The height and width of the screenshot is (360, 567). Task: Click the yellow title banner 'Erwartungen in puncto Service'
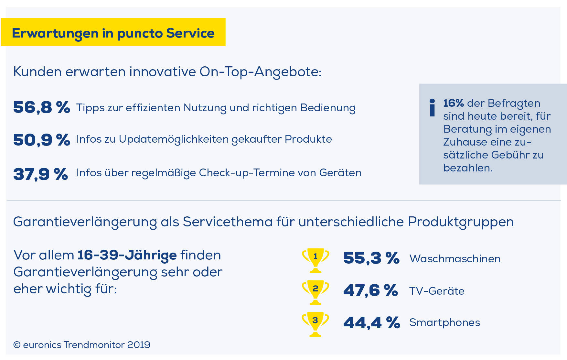(x=113, y=33)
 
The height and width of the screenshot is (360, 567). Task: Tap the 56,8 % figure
(x=41, y=107)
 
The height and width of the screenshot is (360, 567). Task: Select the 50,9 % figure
(x=41, y=140)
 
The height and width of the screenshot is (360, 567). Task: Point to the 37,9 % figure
(x=40, y=174)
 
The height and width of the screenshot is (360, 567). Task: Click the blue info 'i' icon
(x=432, y=108)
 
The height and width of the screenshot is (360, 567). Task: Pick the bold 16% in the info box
(x=453, y=103)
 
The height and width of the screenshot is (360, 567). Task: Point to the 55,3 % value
(x=371, y=258)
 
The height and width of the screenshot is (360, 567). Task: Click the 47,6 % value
(x=370, y=290)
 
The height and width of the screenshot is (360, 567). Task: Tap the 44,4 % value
(x=371, y=322)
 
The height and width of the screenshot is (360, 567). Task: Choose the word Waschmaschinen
(x=455, y=259)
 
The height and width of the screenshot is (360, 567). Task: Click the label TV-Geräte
(x=437, y=291)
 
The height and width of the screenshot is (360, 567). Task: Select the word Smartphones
(x=444, y=322)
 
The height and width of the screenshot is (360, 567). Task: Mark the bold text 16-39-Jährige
(x=127, y=255)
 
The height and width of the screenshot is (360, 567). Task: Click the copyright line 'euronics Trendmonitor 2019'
(x=82, y=345)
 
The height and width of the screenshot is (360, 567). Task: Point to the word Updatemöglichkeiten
(x=174, y=139)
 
